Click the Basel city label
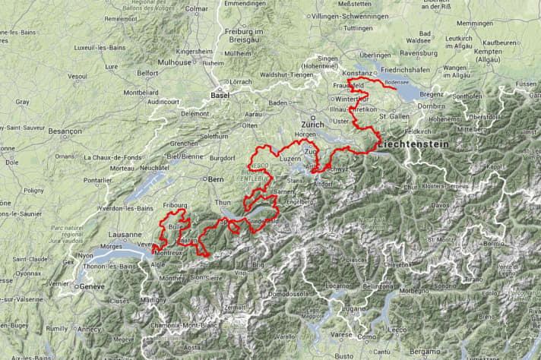click(220, 95)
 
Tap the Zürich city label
click(312, 124)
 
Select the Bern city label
click(215, 179)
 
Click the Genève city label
click(92, 286)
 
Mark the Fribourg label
click(175, 205)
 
